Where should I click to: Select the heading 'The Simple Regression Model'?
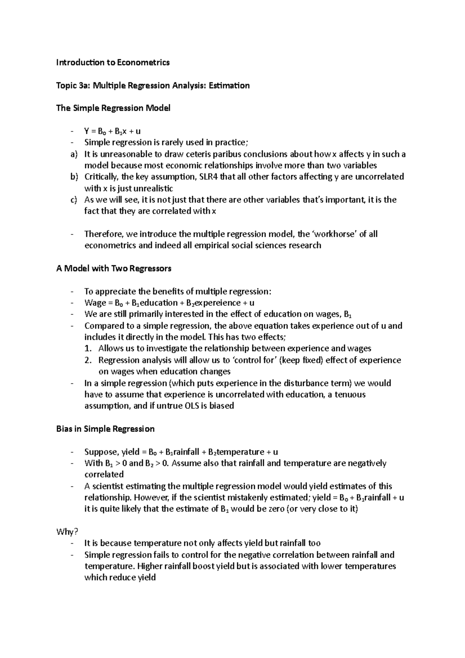click(x=113, y=108)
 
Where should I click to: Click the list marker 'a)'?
click(x=74, y=154)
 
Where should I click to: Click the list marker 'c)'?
click(x=74, y=200)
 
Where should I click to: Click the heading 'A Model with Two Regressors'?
click(x=114, y=268)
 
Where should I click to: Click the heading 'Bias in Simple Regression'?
click(x=105, y=429)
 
